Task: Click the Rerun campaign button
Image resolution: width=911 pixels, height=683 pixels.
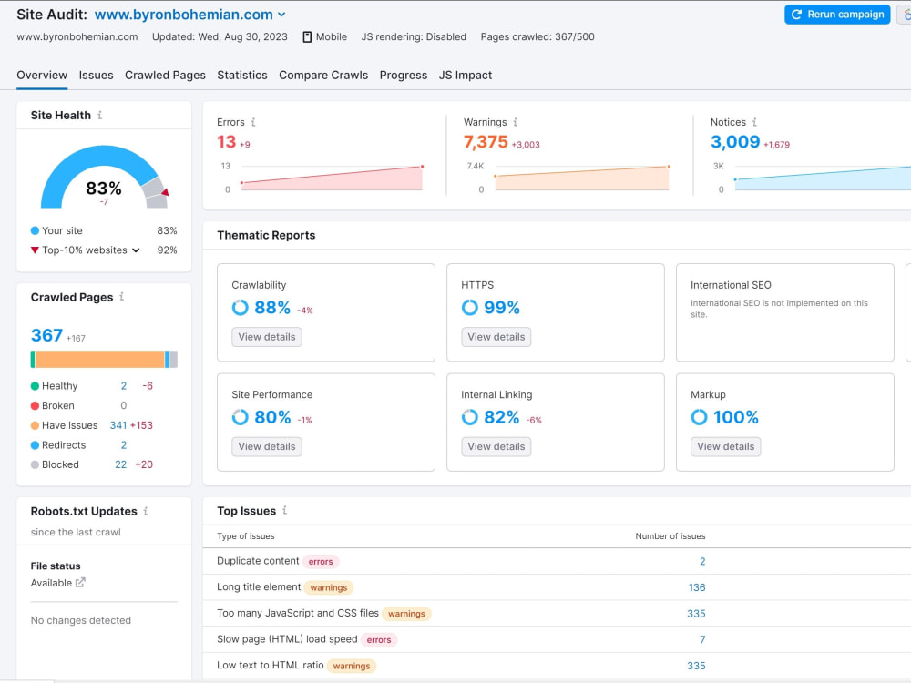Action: [837, 15]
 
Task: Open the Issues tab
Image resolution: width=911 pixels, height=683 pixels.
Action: [96, 75]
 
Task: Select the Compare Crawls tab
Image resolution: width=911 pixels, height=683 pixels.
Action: [323, 75]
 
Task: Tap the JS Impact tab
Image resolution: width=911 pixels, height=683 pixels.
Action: [466, 75]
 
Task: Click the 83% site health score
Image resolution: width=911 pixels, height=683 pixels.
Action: [104, 189]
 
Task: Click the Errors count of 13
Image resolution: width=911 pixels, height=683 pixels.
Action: [226, 142]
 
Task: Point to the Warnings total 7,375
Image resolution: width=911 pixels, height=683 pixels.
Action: [486, 142]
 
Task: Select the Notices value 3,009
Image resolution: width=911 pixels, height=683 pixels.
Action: [735, 142]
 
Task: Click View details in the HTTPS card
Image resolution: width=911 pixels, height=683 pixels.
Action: [496, 337]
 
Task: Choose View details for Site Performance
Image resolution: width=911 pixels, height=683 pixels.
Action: [267, 446]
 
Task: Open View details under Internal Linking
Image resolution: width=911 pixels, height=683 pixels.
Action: [496, 446]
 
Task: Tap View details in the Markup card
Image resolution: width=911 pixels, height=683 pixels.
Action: [726, 446]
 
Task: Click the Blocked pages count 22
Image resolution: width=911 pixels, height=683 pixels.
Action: [121, 464]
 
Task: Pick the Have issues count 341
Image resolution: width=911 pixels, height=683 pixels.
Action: [118, 425]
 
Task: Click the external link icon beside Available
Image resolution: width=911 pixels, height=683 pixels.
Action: [80, 583]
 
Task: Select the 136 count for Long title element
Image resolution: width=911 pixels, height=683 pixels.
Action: [697, 587]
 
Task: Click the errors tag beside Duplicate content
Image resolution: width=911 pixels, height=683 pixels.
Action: [321, 562]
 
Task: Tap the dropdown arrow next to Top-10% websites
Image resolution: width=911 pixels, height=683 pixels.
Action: [136, 250]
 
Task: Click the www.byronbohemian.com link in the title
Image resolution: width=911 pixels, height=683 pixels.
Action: [184, 15]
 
